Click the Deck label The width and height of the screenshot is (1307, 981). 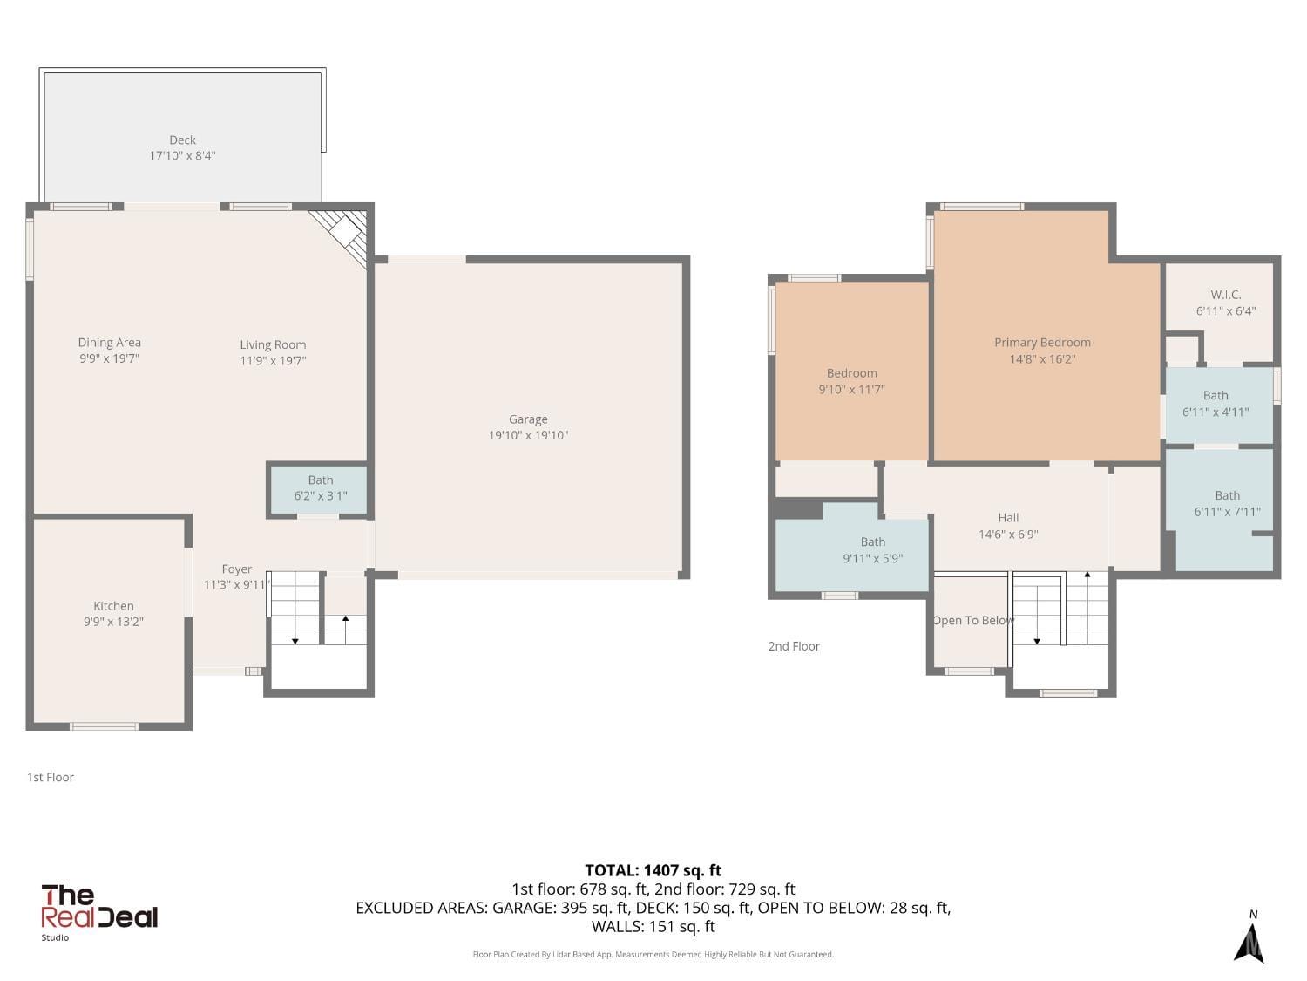pos(182,140)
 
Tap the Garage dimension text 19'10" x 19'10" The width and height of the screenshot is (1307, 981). pos(528,435)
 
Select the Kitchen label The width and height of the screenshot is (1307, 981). pos(113,606)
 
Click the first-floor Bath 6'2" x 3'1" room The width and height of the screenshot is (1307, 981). pos(320,488)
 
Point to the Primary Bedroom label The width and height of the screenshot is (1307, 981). pos(1042,343)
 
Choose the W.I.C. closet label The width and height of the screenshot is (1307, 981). pos(1225,295)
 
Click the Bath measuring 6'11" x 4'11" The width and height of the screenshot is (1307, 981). pos(1216,404)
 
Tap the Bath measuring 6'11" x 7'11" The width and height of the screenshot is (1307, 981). pos(1227,504)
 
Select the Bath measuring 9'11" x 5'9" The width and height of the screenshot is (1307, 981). pos(872,550)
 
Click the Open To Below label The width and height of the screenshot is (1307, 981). pos(973,620)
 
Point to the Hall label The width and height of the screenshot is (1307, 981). pos(1008,518)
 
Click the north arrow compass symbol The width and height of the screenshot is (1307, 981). pos(1249,940)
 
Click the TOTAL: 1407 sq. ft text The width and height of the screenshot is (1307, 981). pos(653,870)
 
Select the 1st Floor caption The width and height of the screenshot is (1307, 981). pos(51,777)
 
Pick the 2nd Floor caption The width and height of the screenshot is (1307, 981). pos(794,646)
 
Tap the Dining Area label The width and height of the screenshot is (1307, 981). pos(109,343)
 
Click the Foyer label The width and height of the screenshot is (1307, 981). pos(236,569)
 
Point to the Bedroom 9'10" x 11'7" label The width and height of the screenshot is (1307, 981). pos(851,373)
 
